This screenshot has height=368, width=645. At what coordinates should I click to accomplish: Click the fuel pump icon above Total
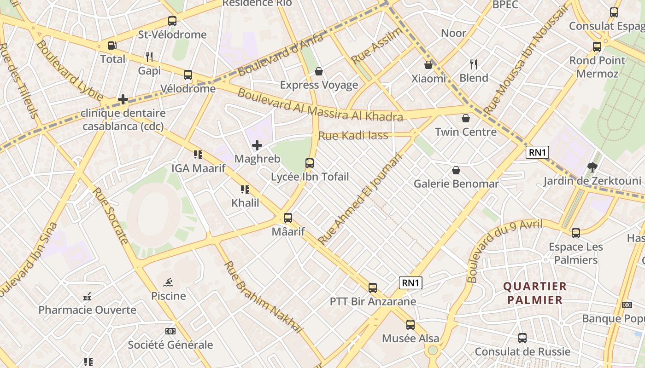(x=112, y=46)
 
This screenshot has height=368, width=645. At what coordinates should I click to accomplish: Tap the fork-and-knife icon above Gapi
(x=149, y=57)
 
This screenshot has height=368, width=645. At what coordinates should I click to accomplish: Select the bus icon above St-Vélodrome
(x=172, y=21)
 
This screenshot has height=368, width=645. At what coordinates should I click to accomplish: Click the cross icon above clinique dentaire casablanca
(x=123, y=99)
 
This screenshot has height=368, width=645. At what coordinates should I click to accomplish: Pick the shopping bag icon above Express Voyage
(x=318, y=71)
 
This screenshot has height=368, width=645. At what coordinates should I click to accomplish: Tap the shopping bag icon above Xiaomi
(x=428, y=65)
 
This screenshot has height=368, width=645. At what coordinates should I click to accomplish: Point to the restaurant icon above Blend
(x=473, y=64)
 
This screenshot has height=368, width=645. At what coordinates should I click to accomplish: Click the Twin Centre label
(x=466, y=132)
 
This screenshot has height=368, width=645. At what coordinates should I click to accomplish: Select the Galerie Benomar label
(x=456, y=184)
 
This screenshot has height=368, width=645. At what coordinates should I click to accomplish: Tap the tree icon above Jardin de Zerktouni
(x=592, y=167)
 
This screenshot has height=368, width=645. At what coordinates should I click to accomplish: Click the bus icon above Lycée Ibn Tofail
(x=310, y=163)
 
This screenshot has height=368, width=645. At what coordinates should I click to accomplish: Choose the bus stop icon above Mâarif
(x=288, y=218)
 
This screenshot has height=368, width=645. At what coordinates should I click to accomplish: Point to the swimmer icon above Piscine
(x=168, y=282)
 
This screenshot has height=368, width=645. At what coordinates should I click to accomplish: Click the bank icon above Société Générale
(x=170, y=331)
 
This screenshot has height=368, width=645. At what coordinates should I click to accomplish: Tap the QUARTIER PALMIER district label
(x=534, y=293)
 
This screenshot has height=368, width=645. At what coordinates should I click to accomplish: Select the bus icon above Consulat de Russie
(x=522, y=338)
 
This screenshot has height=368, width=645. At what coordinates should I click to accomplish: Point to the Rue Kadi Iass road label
(x=353, y=136)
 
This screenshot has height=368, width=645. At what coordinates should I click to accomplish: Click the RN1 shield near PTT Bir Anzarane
(x=410, y=283)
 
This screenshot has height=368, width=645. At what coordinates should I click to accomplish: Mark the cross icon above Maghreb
(x=257, y=146)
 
